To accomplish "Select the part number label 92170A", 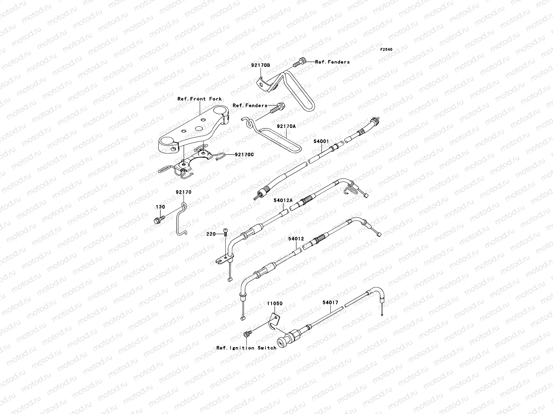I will (286, 126).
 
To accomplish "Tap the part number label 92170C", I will (244, 155).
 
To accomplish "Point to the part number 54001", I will (321, 141).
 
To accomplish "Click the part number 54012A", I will (283, 200).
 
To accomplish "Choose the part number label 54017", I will (330, 302).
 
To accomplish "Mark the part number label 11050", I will (274, 304).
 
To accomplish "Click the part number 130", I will (160, 207).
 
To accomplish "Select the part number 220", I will (211, 234).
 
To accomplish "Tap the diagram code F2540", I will (387, 50).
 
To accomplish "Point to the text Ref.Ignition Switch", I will (246, 348).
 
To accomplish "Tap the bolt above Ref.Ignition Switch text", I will (247, 333).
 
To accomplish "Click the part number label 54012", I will (296, 239).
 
